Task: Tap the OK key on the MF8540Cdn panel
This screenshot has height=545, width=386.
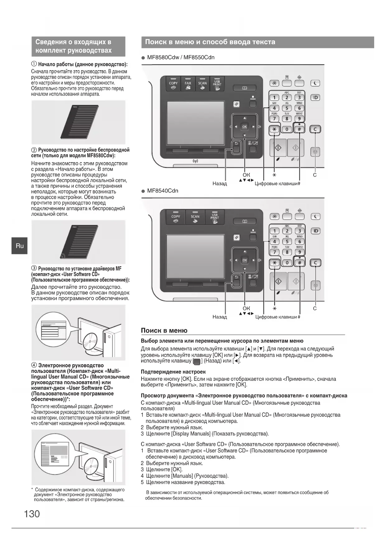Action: pos(244,260)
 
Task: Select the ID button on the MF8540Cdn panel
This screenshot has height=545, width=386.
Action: pos(315,231)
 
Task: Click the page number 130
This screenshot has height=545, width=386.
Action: pos(32,514)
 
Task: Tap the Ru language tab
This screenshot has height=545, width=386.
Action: pos(20,246)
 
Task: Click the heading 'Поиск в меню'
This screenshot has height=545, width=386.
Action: pos(164,330)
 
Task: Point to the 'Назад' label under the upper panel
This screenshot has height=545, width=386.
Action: pos(220,184)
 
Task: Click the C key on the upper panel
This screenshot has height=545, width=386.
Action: pos(315,129)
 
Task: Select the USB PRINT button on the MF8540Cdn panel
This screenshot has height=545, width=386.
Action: pos(215,218)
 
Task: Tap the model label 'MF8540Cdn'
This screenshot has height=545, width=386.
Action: pos(162,191)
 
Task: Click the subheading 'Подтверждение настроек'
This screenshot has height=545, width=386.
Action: pos(173,372)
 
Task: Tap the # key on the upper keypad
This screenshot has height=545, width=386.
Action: pos(299,129)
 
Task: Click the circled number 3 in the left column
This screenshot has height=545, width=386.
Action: pos(34,268)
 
